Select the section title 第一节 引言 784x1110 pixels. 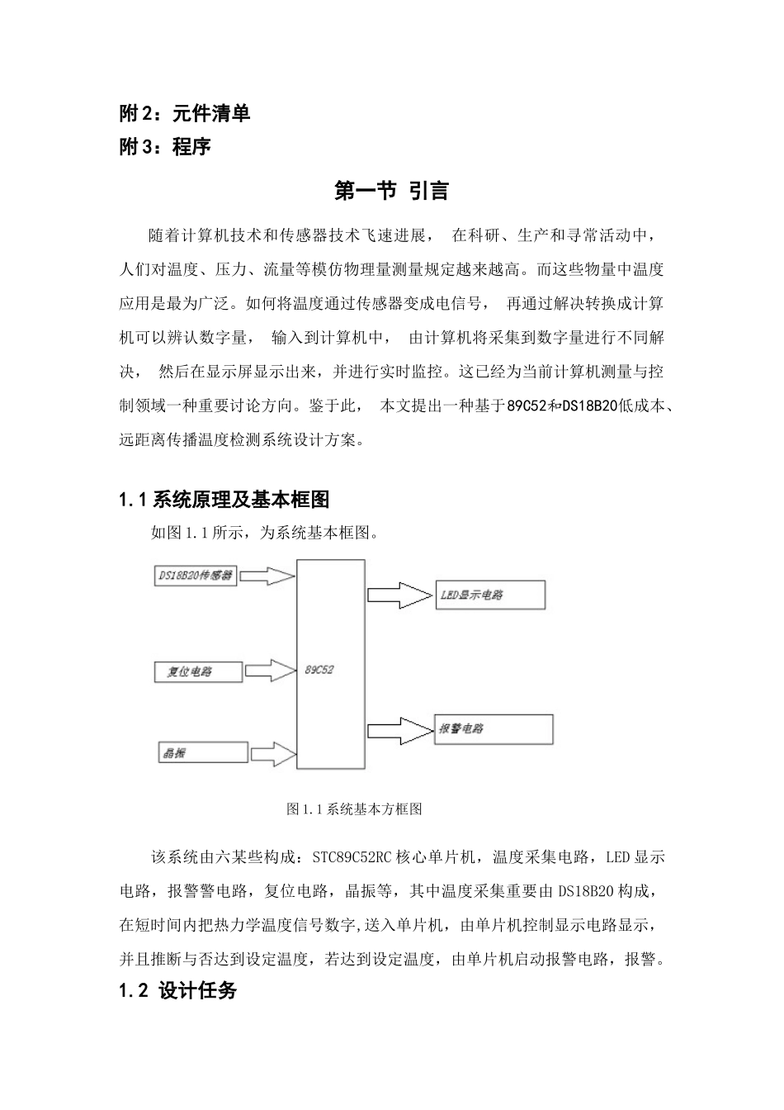click(391, 191)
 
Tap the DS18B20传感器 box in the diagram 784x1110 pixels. click(196, 575)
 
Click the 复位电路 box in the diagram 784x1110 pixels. click(198, 671)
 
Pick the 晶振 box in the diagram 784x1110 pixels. click(202, 752)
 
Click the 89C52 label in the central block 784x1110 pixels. click(319, 670)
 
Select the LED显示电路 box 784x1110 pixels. click(489, 595)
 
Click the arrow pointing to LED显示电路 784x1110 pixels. click(399, 595)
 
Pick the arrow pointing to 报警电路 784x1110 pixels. click(399, 729)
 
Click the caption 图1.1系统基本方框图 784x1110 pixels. click(354, 809)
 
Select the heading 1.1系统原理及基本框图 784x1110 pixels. click(224, 500)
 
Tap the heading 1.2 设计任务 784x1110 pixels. click(178, 991)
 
